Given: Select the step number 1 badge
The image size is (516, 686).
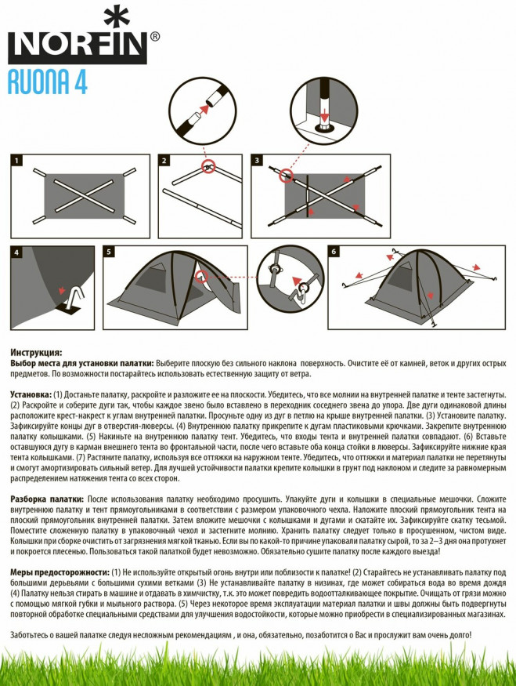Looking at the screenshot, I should coord(16,161).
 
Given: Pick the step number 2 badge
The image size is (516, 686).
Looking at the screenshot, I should coord(164,161).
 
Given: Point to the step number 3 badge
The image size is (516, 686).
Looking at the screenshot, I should coord(258,161).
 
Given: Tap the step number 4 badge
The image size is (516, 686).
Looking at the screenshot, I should coord(16,252).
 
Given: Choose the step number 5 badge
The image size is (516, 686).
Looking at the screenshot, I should coord(109,252).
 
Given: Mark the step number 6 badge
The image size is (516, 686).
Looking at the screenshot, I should coord(334,252).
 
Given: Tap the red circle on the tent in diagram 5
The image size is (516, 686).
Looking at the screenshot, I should coord(202,277).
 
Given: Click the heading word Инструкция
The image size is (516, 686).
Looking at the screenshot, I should coord(37,353).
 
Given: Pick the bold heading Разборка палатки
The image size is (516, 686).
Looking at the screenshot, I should coord(45,499).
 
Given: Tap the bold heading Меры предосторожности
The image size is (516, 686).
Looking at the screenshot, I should coord(60,572).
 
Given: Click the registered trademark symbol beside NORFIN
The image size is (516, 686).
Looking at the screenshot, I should coord(155,36).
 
